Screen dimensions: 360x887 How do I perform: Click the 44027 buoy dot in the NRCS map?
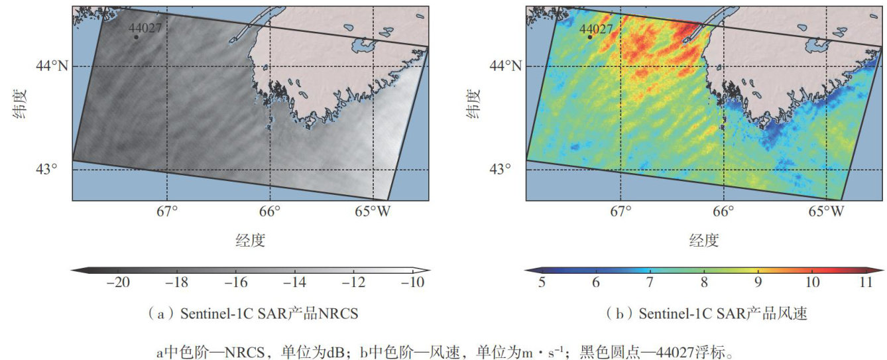pos(136,37)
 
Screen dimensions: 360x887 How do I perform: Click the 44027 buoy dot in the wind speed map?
pos(589,37)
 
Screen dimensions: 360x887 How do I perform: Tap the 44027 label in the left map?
pos(145,28)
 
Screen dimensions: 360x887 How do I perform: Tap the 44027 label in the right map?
pos(596,29)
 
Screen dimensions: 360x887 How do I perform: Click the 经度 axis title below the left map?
pos(250,240)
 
